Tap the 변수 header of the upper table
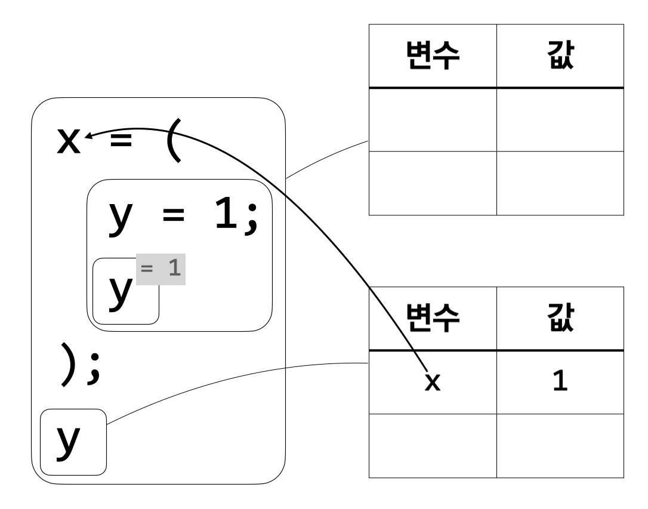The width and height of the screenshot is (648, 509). pyautogui.click(x=432, y=57)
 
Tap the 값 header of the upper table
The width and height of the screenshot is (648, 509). pyautogui.click(x=560, y=57)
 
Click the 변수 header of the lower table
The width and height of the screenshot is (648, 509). pyautogui.click(x=432, y=319)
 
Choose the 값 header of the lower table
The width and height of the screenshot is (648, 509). pyautogui.click(x=560, y=319)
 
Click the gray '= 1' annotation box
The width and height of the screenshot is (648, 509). pyautogui.click(x=162, y=269)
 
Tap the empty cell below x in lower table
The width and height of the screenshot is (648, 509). pyautogui.click(x=432, y=446)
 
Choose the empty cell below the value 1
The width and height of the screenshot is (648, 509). pyautogui.click(x=560, y=446)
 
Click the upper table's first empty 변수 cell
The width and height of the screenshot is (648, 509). pyautogui.click(x=432, y=119)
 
